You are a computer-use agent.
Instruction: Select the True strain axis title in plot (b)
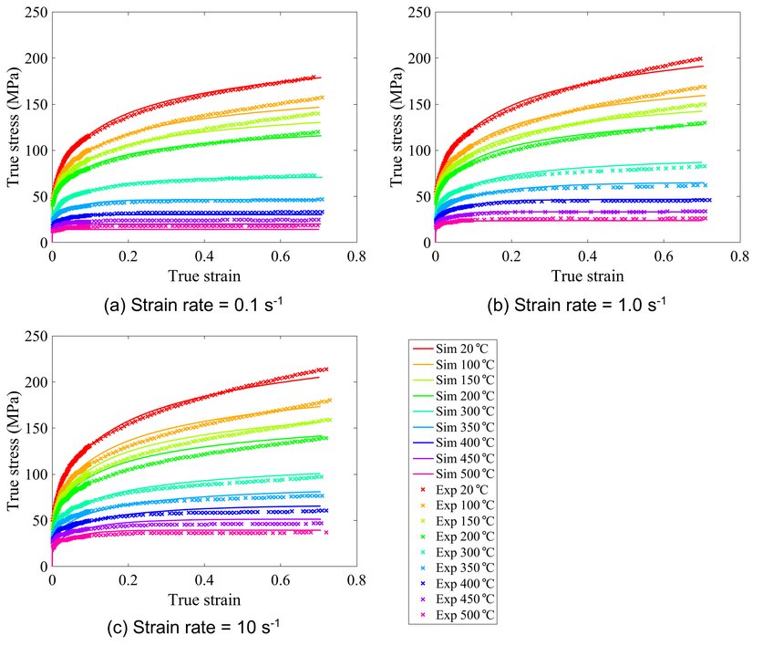pyautogui.click(x=587, y=275)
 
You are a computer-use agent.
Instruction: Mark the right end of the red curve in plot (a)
pyautogui.click(x=320, y=78)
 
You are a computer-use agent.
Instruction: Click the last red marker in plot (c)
pyautogui.click(x=325, y=370)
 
